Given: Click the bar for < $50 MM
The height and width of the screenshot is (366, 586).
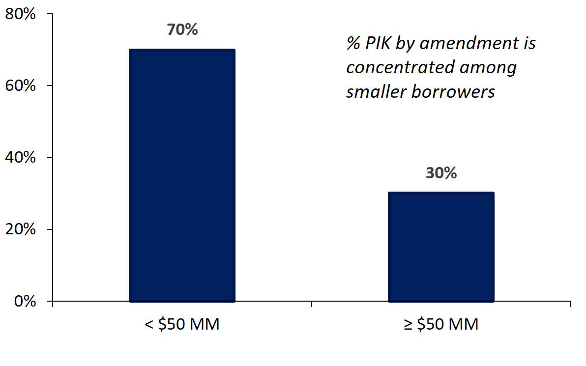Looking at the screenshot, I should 182,175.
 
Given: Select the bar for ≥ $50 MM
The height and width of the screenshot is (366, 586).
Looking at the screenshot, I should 441,247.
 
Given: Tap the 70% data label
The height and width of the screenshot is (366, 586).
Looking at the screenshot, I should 182,29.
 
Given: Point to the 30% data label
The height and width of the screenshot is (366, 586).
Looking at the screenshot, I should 441,173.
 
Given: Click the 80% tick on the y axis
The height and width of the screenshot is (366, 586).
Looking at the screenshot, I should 20,14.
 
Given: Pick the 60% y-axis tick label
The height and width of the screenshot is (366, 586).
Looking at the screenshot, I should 20,86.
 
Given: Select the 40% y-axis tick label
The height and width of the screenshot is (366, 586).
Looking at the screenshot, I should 20,158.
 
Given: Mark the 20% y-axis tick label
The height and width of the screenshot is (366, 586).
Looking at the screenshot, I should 20,229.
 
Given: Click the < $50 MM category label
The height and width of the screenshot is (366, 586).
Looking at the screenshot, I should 182,325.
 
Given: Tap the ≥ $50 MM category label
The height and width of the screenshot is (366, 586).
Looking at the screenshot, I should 441,325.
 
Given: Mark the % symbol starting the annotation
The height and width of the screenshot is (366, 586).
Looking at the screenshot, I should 352,43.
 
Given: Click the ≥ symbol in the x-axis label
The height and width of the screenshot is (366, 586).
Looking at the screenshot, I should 408,325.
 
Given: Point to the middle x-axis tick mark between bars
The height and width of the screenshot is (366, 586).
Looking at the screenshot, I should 312,305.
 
